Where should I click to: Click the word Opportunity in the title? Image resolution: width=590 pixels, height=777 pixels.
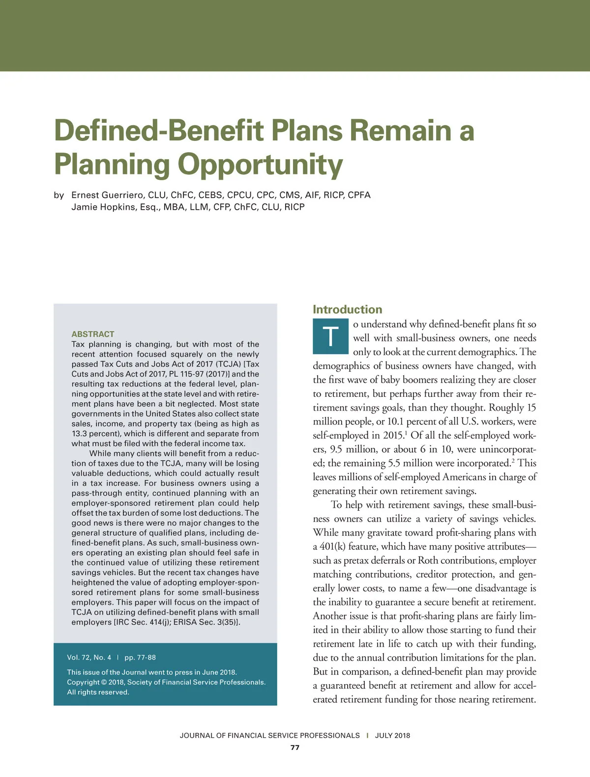260,165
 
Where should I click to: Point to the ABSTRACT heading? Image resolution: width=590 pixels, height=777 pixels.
93,334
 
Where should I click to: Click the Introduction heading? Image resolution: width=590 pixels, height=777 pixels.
347,309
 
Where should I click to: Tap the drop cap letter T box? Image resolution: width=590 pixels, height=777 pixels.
331,336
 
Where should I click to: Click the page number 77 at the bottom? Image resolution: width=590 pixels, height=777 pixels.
295,748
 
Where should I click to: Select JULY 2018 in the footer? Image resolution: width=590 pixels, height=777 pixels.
392,735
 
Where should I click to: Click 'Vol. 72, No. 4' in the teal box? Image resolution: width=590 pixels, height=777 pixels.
89,657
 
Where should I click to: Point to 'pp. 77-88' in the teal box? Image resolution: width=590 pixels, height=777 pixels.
140,657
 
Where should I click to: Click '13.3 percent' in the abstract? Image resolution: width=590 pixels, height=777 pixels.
95,434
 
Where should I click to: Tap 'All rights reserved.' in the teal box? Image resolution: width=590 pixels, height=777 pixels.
98,692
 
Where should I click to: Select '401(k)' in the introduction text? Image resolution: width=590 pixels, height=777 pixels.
332,547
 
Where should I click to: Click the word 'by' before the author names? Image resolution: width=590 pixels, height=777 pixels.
59,195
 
